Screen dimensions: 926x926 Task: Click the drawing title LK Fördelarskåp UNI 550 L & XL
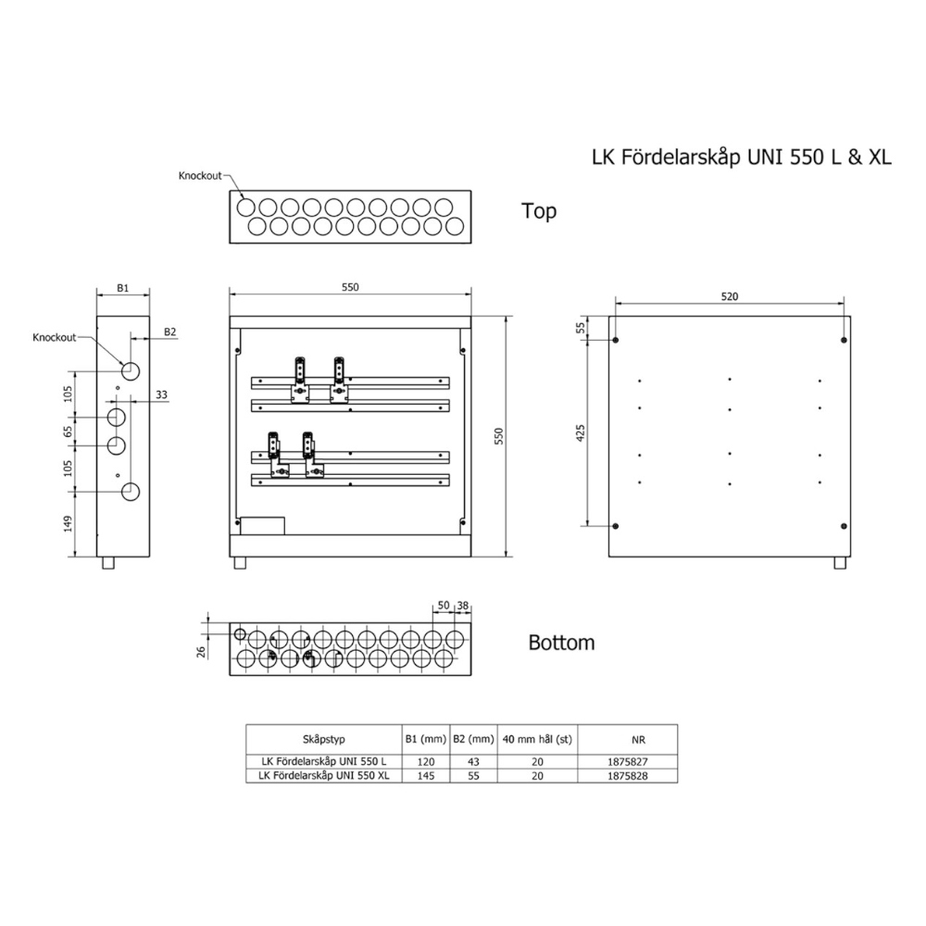(742, 157)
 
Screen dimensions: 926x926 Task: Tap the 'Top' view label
(539, 211)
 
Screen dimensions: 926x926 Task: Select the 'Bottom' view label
(561, 643)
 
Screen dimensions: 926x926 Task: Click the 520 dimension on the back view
(730, 296)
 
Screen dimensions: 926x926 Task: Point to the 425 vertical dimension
(581, 432)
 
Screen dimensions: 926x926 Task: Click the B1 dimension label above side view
(122, 288)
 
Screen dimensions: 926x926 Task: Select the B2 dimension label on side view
(170, 332)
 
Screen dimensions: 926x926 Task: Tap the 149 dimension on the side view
(68, 523)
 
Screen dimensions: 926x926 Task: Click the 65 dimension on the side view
(68, 432)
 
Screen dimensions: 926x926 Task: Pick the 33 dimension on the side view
(161, 394)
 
